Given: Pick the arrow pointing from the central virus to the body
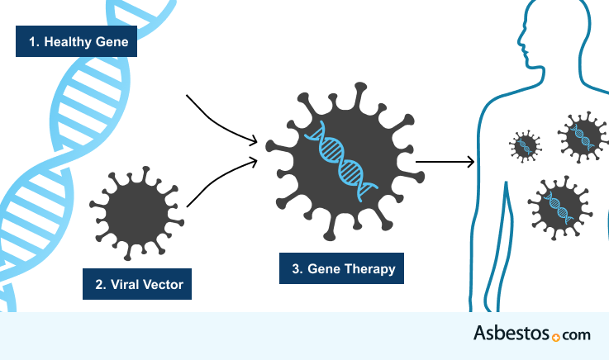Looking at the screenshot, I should click(445, 161).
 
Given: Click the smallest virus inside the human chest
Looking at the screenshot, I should click(525, 146).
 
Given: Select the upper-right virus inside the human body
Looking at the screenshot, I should click(581, 136).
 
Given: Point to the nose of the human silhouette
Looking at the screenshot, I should click(520, 40).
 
